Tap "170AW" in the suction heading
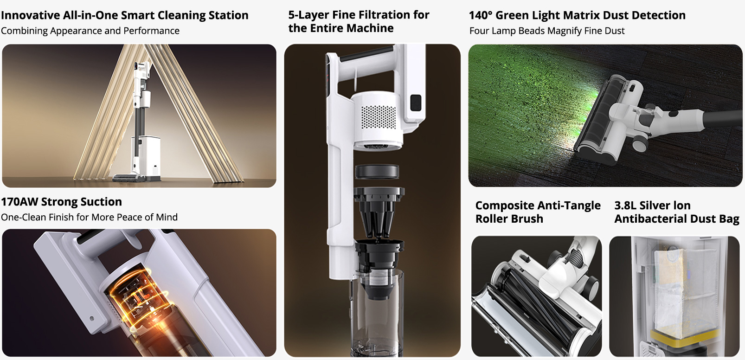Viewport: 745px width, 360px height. pyautogui.click(x=19, y=202)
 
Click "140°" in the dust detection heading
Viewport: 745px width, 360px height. pyautogui.click(x=480, y=15)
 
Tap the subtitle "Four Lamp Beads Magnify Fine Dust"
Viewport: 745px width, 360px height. pyautogui.click(x=547, y=31)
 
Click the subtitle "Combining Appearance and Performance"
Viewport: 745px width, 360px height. pyautogui.click(x=90, y=31)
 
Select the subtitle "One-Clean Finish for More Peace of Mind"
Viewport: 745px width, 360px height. pyautogui.click(x=89, y=217)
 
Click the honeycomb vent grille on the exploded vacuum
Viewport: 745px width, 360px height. pyautogui.click(x=378, y=117)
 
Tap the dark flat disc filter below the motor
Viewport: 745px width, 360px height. pyautogui.click(x=377, y=172)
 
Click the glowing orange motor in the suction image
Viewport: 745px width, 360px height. pyautogui.click(x=140, y=299)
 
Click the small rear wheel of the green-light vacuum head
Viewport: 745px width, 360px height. pyautogui.click(x=640, y=143)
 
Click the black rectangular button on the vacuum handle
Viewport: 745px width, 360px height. pyautogui.click(x=416, y=103)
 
